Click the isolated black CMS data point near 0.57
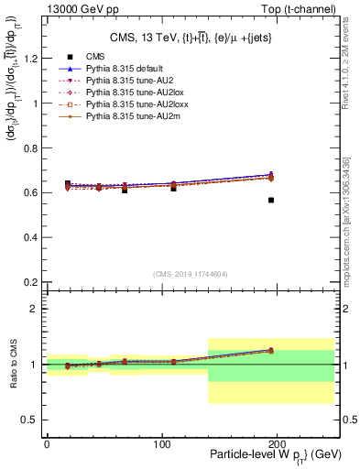click(271, 200)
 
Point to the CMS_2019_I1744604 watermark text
click(191, 274)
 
